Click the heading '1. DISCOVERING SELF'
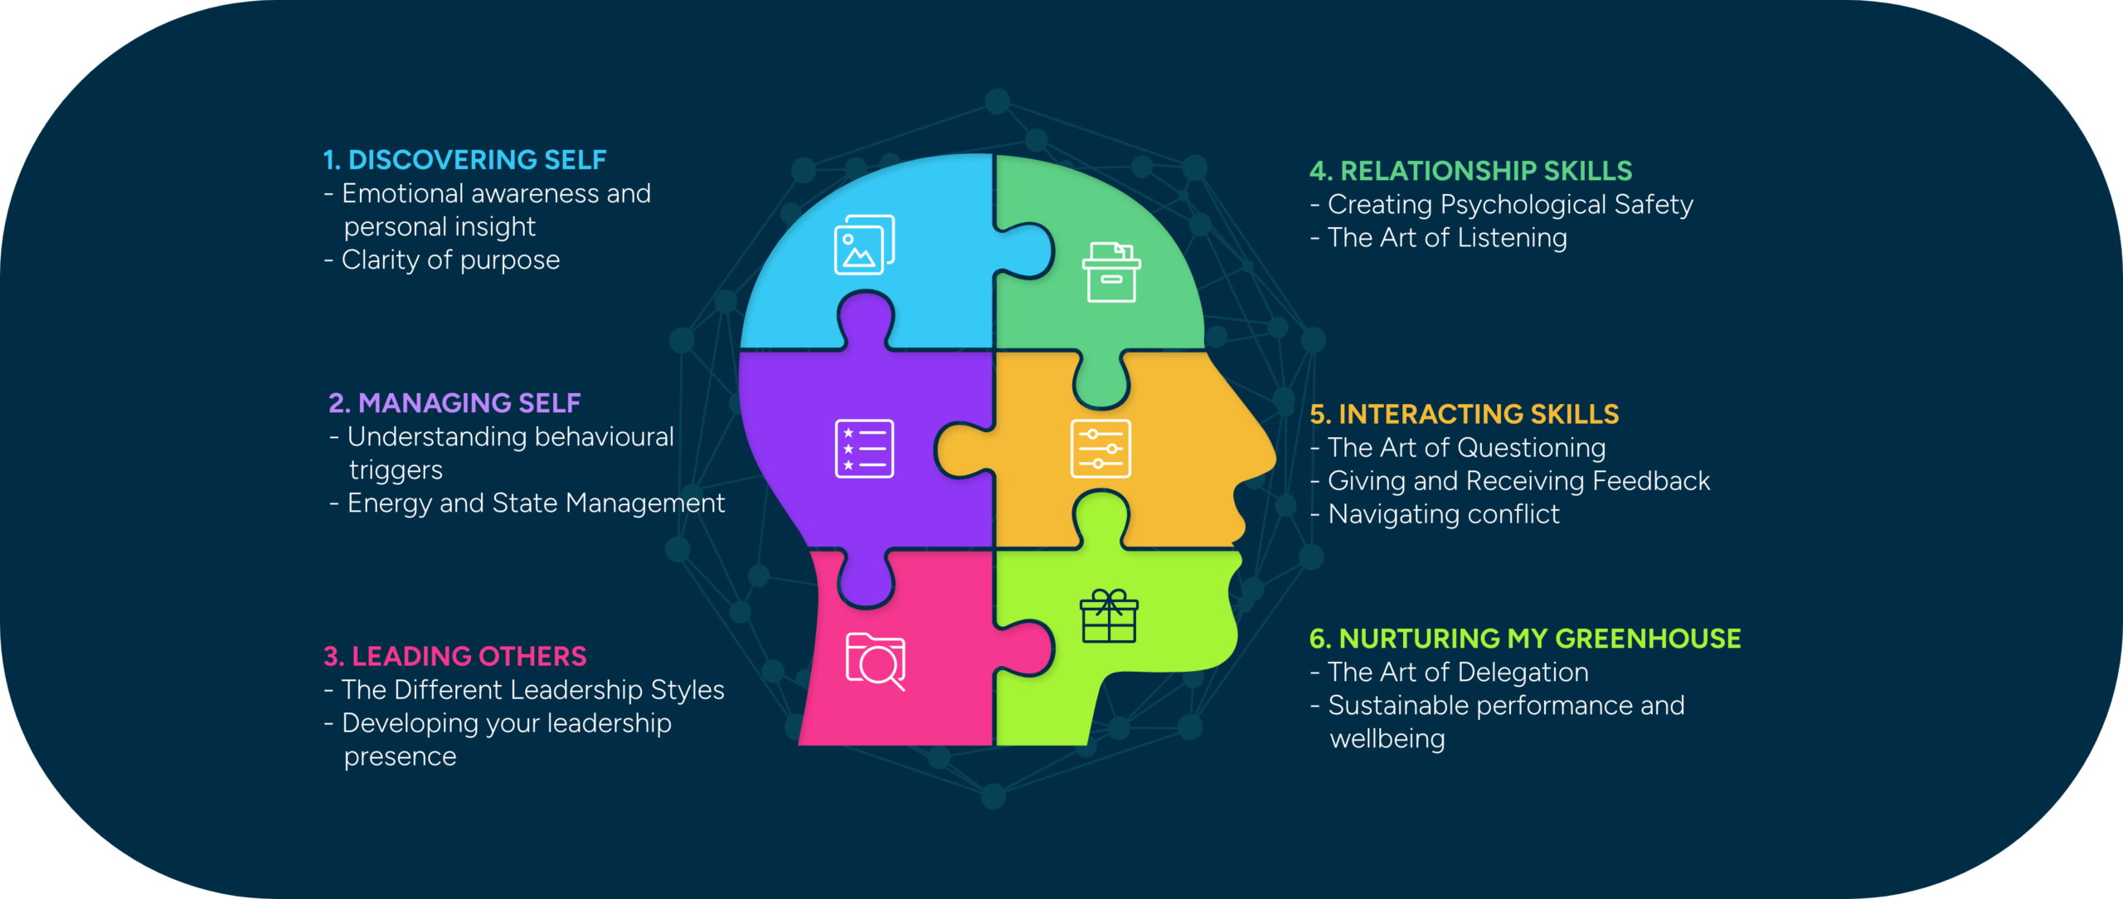coord(464,159)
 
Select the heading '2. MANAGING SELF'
coord(454,403)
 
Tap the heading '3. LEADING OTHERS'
coord(455,656)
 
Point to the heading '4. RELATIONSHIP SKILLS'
coord(1470,171)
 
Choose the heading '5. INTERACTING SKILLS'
coord(1464,414)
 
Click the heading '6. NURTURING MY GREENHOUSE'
coord(1525,639)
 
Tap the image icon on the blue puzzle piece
coord(864,245)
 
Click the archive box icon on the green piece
coord(1111,272)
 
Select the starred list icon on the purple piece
coord(864,449)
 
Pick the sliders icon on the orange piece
coord(1100,449)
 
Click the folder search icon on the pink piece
coord(875,661)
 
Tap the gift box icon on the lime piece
coord(1109,616)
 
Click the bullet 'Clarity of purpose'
coord(450,260)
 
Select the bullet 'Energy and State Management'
coord(536,503)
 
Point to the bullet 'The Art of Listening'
coord(1447,238)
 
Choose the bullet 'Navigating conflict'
coord(1443,514)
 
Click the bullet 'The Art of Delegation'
coord(1458,673)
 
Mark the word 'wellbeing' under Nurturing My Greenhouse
coord(1387,739)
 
